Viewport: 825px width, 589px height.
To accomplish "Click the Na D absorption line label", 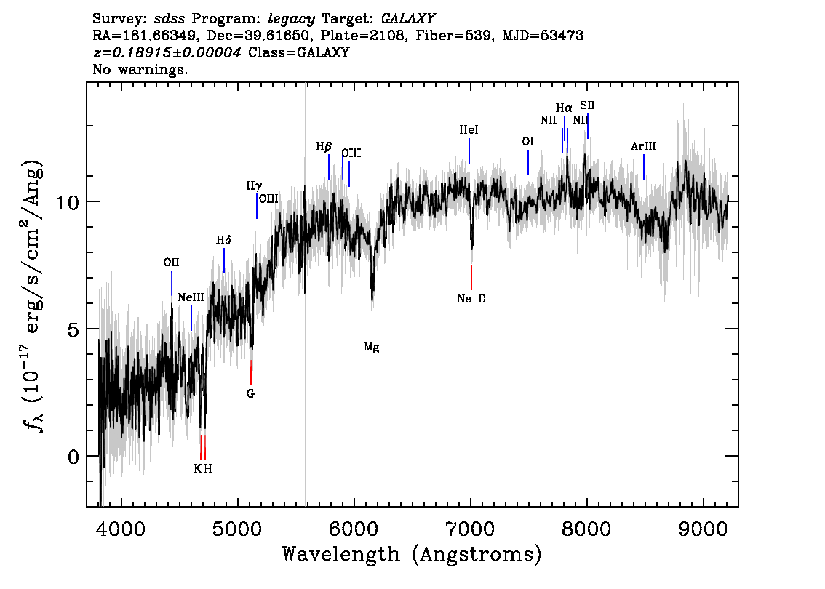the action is (471, 299).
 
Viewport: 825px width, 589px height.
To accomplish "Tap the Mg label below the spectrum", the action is (372, 348).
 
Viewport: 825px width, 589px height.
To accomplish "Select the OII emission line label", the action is (171, 263).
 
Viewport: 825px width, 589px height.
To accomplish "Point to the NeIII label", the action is (191, 297).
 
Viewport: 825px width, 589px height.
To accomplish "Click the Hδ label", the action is (223, 241).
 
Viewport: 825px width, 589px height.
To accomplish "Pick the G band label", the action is (250, 393).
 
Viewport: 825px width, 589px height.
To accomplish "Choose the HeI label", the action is (469, 130).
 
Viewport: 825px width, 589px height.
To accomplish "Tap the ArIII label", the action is (643, 146).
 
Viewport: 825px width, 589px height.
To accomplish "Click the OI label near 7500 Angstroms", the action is (527, 142).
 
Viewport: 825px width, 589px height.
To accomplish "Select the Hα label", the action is (564, 108).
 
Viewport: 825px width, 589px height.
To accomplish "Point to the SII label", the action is (587, 105).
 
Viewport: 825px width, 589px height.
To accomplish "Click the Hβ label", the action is (324, 147).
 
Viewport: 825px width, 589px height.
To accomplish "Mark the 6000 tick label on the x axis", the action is (354, 529).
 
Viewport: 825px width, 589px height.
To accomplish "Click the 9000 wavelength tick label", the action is (703, 529).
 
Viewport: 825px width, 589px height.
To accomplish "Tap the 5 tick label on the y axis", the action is (73, 329).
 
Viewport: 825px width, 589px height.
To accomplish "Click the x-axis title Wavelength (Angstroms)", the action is (412, 554).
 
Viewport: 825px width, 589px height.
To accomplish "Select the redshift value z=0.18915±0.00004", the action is (167, 52).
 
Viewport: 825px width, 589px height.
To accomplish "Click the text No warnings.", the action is (140, 69).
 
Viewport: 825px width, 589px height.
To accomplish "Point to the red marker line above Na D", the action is (471, 277).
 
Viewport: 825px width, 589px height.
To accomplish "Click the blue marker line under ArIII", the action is (643, 167).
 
